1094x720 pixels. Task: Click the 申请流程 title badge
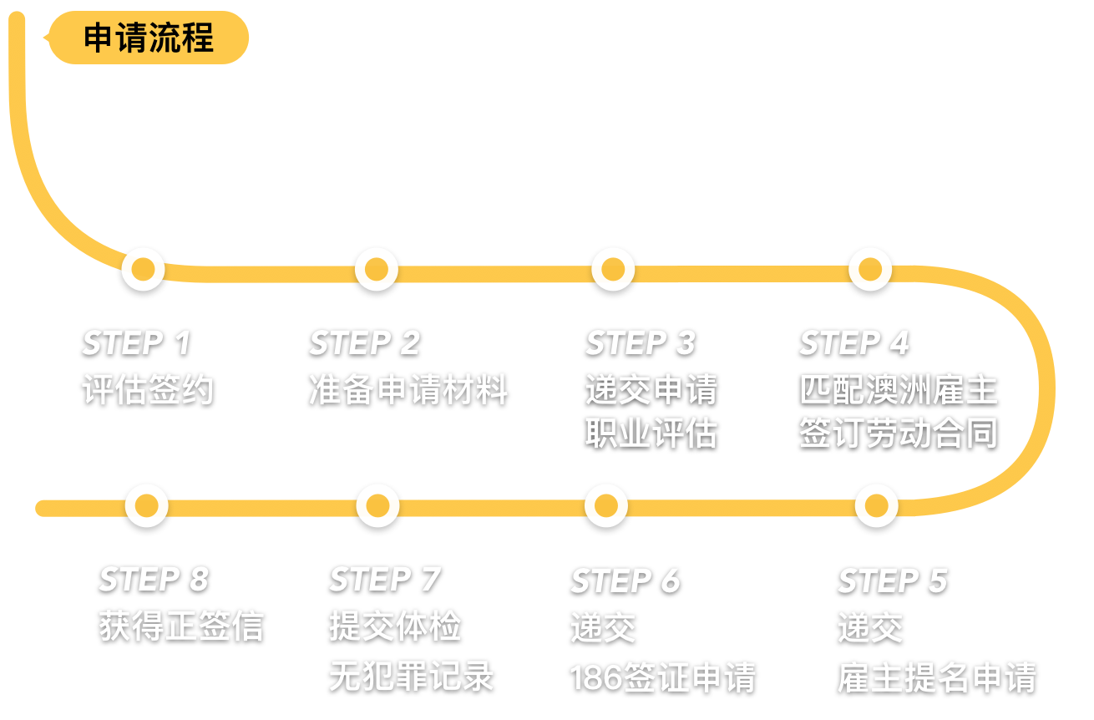pos(149,38)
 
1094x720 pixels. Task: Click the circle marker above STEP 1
pos(143,269)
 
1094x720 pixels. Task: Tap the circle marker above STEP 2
pos(377,269)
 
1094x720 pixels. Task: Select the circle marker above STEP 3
pos(613,269)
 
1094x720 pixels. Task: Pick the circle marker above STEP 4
pos(870,269)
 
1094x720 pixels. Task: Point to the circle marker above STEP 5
pos(876,505)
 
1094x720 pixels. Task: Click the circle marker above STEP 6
pos(605,505)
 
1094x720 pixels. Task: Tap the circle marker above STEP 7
pos(377,505)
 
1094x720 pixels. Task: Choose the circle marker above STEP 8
pos(146,505)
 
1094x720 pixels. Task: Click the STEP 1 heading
pos(137,342)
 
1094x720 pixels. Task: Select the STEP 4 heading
pos(854,342)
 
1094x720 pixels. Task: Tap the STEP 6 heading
pos(626,581)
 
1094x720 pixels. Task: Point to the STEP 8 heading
pos(154,579)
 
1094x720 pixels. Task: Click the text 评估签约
pos(149,390)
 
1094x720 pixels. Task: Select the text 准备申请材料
pos(408,390)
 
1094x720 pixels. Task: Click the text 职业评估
pos(651,434)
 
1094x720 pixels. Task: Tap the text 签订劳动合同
pos(899,434)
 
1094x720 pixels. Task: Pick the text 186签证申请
pos(663,677)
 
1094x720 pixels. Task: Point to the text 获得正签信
pos(181,626)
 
